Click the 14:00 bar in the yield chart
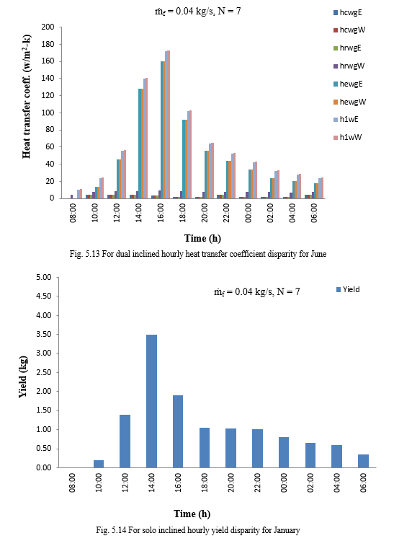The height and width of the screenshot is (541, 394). tap(151, 401)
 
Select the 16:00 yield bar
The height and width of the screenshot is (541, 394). tap(178, 431)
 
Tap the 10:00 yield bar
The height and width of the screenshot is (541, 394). tap(99, 464)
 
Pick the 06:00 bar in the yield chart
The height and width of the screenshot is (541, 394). tap(363, 461)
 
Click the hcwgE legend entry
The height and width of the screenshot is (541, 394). tap(347, 12)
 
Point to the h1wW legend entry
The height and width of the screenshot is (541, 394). tap(347, 137)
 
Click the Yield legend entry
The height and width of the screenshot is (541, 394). tap(348, 289)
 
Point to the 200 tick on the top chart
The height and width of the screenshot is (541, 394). tap(48, 27)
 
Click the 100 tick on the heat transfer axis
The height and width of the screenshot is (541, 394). tap(48, 113)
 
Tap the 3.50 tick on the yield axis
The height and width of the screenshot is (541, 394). tap(44, 334)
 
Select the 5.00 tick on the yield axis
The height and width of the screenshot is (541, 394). tap(44, 278)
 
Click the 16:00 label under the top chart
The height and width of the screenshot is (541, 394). tap(161, 213)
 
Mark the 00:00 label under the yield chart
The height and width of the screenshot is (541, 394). tap(284, 483)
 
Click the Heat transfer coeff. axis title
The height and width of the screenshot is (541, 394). tap(27, 97)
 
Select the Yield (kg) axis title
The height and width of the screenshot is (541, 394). tap(23, 377)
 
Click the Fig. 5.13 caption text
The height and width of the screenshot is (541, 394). tap(197, 254)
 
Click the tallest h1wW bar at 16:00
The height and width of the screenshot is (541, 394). tap(169, 125)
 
